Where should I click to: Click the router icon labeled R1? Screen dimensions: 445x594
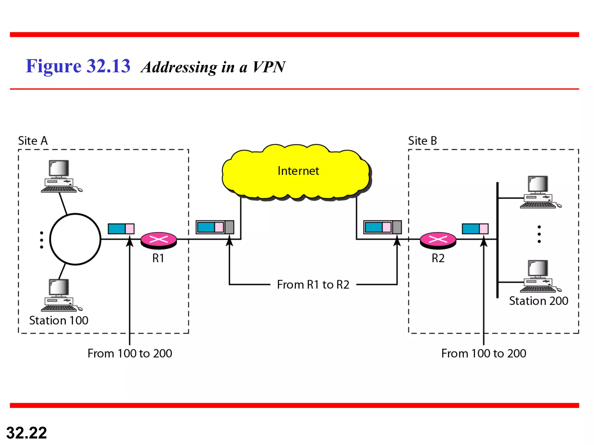pyautogui.click(x=159, y=240)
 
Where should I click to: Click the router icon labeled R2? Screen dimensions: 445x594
pyautogui.click(x=438, y=240)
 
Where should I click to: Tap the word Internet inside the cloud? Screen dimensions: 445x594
pyautogui.click(x=298, y=171)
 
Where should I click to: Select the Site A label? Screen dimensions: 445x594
pyautogui.click(x=33, y=141)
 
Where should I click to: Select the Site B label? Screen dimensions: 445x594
pyautogui.click(x=422, y=141)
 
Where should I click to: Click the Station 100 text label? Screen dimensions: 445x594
pyautogui.click(x=59, y=320)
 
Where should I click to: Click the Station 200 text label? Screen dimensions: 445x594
pyautogui.click(x=539, y=301)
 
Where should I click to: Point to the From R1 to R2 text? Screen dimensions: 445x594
pyautogui.click(x=313, y=284)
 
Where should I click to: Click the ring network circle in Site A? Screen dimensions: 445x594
pyautogui.click(x=75, y=239)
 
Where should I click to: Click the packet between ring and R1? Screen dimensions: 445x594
pyautogui.click(x=121, y=229)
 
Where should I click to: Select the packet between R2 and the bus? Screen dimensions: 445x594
pyautogui.click(x=475, y=229)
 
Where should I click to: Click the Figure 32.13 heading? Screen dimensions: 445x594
pyautogui.click(x=78, y=66)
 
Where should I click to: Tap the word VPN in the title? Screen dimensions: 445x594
pyautogui.click(x=269, y=67)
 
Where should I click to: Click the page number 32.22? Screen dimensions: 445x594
pyautogui.click(x=26, y=433)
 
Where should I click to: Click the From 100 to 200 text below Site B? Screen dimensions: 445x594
pyautogui.click(x=483, y=353)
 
